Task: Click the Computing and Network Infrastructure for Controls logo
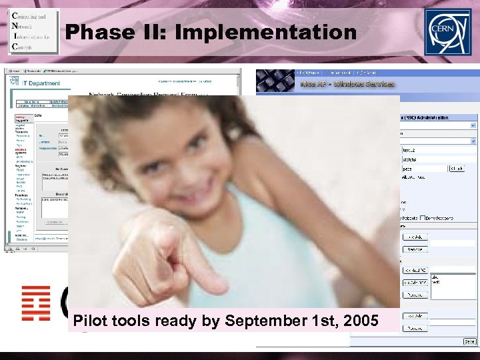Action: pyautogui.click(x=33, y=31)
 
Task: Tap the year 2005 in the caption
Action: pyautogui.click(x=361, y=321)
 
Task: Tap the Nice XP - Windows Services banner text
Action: pyautogui.click(x=347, y=84)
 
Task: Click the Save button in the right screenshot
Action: pyautogui.click(x=470, y=341)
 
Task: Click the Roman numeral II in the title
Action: pyautogui.click(x=164, y=31)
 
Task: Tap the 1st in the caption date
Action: pyautogui.click(x=323, y=321)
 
